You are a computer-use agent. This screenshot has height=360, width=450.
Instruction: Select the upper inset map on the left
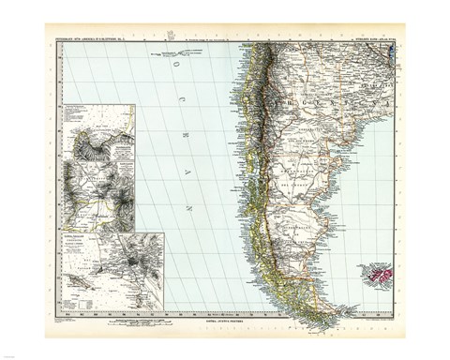(98, 168)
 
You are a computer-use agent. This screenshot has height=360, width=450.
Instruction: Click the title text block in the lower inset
(82, 246)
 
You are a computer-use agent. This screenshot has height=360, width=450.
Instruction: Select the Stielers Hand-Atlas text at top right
(371, 38)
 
